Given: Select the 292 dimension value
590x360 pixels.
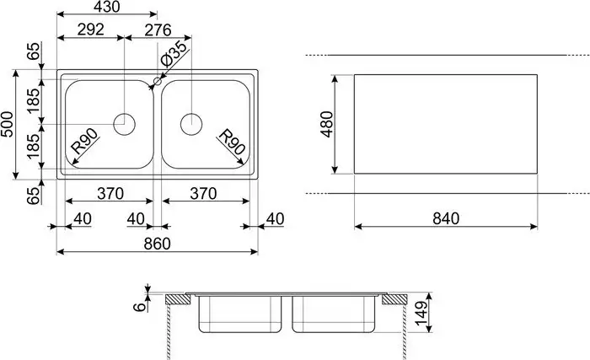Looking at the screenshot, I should click(90, 30).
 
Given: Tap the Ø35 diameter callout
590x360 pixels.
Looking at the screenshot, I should click(174, 56).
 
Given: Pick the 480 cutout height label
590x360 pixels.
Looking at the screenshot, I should click(327, 124).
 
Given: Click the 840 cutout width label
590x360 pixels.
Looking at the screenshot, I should click(444, 218).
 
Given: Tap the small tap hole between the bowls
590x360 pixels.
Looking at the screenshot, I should click(156, 83).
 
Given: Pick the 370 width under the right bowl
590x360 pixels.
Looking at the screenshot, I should click(202, 193).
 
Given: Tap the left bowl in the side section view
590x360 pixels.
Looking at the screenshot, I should click(239, 315).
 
